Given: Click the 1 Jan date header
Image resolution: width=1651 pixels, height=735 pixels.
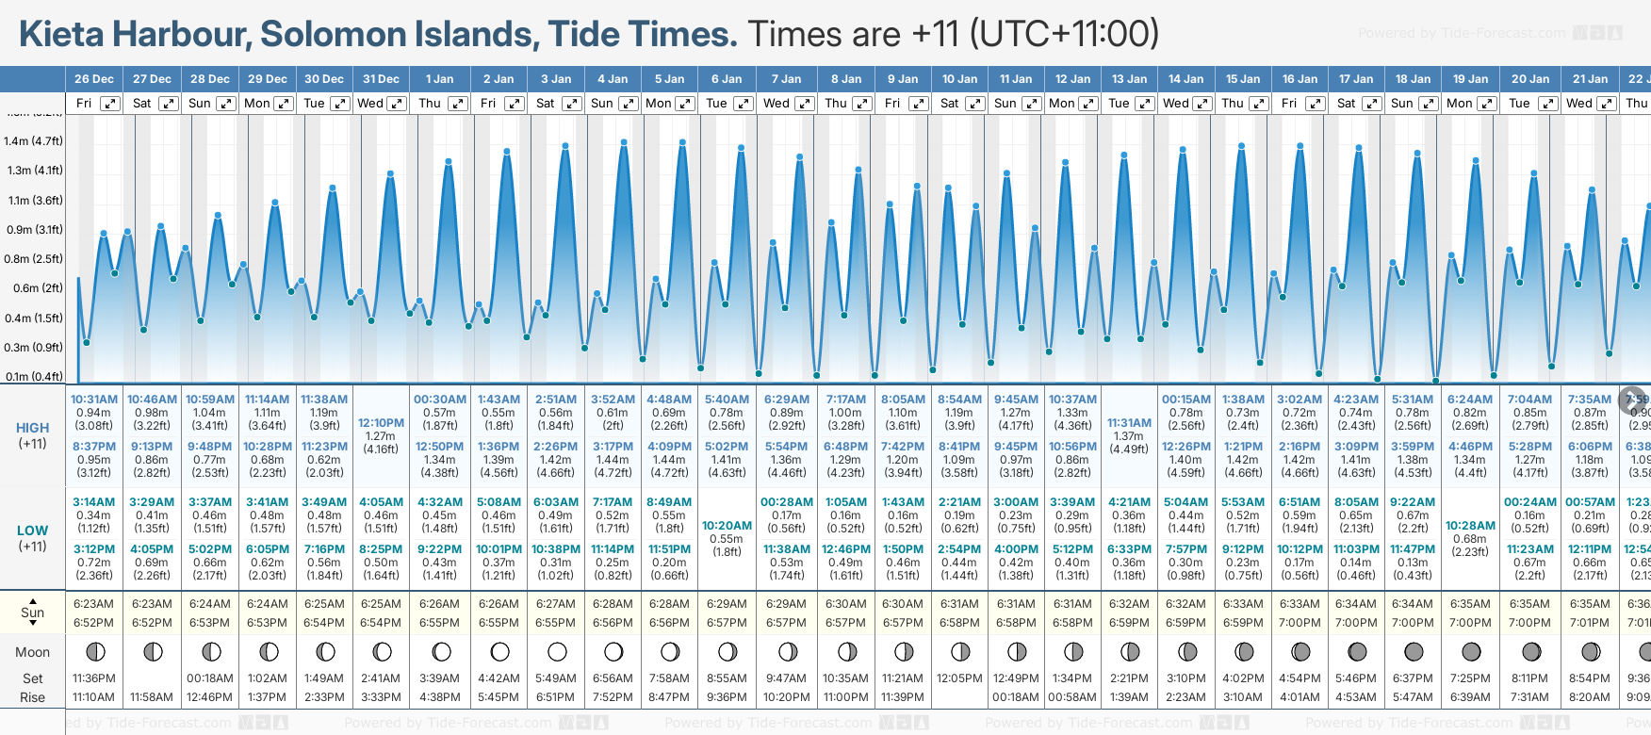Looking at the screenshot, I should tap(439, 79).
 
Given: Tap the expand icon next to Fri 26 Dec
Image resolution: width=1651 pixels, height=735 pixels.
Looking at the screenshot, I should tap(110, 104).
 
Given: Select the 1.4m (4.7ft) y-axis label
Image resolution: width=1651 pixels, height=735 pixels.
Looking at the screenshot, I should tap(33, 141).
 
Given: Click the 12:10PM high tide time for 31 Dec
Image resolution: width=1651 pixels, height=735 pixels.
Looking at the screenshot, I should tap(381, 423).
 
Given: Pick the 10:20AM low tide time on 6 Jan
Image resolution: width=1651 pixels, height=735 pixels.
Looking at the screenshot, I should tap(727, 526).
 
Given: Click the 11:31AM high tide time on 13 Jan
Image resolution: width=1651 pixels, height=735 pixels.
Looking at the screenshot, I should tap(1129, 423).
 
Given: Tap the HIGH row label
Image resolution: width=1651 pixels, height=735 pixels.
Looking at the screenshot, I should tap(32, 428).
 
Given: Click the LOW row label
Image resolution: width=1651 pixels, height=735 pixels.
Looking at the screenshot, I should tap(32, 531).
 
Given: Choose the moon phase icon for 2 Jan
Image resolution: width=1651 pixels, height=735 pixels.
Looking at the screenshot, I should tap(499, 651).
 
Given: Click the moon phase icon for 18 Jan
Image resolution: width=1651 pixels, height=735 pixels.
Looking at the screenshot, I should tap(1414, 651).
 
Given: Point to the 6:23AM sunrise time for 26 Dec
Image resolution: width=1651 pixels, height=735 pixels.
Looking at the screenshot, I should tap(94, 604).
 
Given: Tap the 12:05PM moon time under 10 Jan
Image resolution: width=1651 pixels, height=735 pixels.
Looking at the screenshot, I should tap(959, 678).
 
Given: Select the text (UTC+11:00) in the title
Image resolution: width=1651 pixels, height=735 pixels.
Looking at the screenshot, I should tap(1064, 34).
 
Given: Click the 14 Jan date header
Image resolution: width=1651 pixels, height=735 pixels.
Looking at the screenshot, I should tap(1185, 79).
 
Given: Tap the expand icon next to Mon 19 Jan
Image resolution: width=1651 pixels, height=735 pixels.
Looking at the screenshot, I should tap(1486, 104).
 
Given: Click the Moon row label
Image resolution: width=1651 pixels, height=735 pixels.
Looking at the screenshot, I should tap(32, 652).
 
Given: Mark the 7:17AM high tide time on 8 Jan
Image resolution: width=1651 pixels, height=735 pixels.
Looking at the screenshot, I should tap(845, 400).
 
